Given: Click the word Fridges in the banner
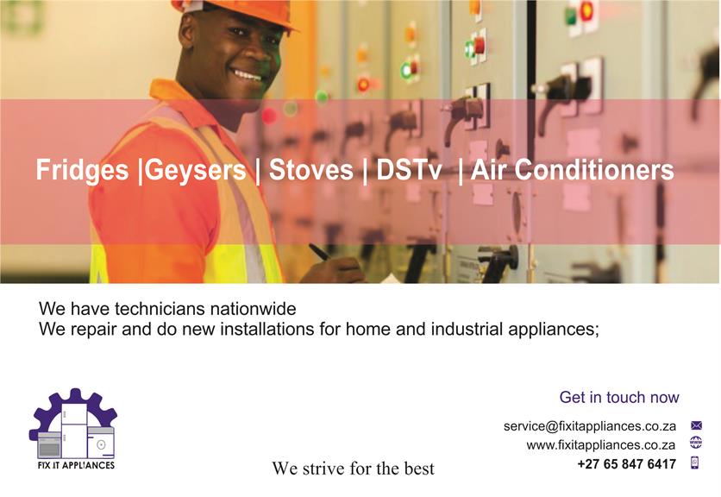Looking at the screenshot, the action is (x=82, y=170).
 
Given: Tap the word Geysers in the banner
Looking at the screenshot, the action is (x=195, y=170).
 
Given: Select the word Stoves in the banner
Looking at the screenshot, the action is (x=310, y=169).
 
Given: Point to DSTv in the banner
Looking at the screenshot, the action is (x=409, y=169).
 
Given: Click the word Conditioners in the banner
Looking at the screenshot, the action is (x=594, y=169).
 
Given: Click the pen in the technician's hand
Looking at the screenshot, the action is (x=321, y=252).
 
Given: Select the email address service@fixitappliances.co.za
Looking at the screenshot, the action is (x=590, y=426).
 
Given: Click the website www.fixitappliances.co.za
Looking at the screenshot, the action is (x=601, y=445).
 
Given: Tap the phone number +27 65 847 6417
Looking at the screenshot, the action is (x=627, y=464).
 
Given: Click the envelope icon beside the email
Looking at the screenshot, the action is (x=696, y=425).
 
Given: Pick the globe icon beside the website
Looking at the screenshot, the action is (x=696, y=443).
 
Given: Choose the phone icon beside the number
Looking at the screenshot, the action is (x=695, y=462).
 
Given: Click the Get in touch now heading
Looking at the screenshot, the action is (x=619, y=397).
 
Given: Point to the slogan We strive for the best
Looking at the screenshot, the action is (x=353, y=469).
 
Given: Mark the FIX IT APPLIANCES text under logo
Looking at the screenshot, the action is (x=77, y=465).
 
